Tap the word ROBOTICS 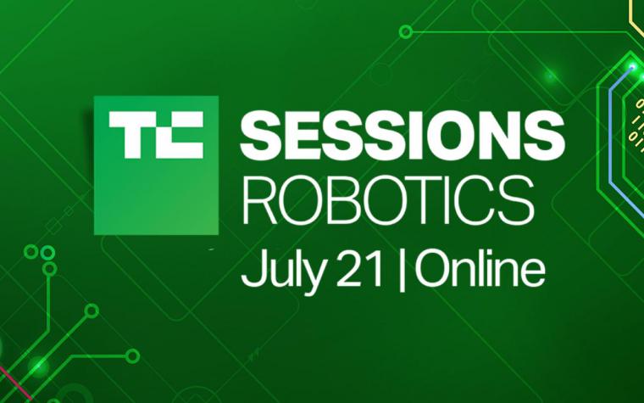pyautogui.click(x=388, y=200)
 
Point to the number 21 pyautogui.click(x=360, y=271)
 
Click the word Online pyautogui.click(x=480, y=269)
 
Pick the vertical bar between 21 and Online pyautogui.click(x=402, y=271)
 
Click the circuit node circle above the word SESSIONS pyautogui.click(x=406, y=31)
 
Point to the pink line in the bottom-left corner pyautogui.click(x=15, y=383)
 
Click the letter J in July pyautogui.click(x=250, y=270)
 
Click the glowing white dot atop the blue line pyautogui.click(x=632, y=67)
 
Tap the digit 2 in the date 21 pyautogui.click(x=349, y=271)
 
